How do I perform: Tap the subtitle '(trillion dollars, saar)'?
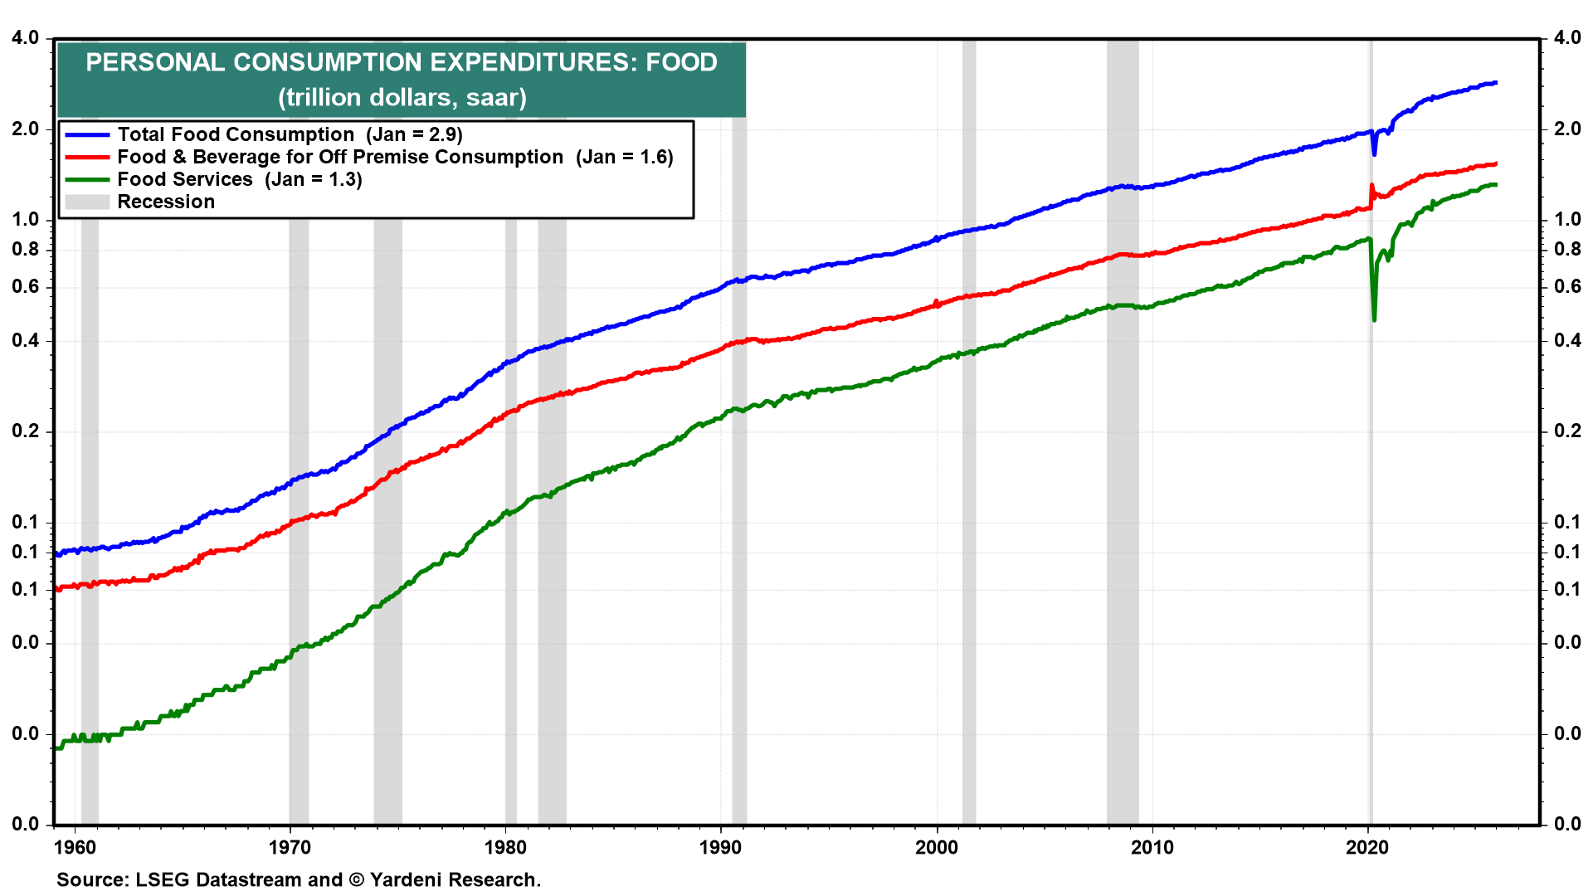click(x=402, y=98)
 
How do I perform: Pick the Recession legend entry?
click(x=165, y=202)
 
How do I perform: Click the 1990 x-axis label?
click(x=720, y=847)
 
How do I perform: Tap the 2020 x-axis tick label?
click(x=1366, y=847)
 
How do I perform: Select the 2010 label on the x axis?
click(x=1152, y=847)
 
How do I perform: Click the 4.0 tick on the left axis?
click(x=26, y=38)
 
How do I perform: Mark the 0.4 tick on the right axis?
click(x=1567, y=340)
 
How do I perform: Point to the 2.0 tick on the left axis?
click(x=26, y=129)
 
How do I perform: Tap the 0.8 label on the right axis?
click(x=1567, y=249)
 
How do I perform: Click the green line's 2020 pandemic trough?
click(x=1375, y=319)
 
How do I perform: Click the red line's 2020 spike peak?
click(x=1371, y=185)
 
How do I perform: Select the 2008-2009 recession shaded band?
click(x=1123, y=498)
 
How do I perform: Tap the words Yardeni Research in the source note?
click(x=455, y=879)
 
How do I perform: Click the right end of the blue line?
click(x=1495, y=83)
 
